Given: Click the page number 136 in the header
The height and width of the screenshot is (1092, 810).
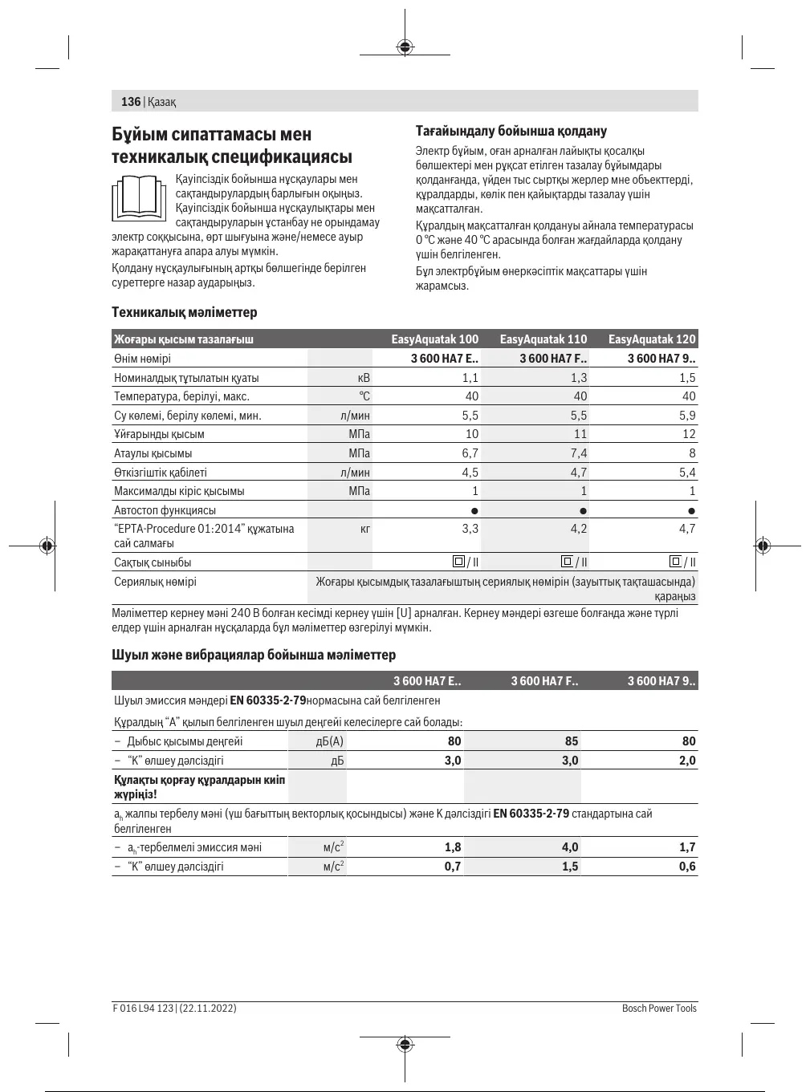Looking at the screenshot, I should point(130,102).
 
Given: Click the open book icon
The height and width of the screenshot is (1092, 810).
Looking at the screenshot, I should point(138,197).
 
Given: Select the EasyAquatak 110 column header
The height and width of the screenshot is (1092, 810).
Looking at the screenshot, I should point(543,339).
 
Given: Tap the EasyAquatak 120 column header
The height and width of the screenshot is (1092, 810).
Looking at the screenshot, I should point(652,339).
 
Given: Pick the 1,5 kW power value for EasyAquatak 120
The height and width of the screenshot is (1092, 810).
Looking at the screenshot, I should point(687,378).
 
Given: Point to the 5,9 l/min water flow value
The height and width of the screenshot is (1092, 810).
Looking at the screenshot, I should point(687,416).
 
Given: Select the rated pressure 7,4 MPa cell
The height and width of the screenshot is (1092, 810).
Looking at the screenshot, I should point(578,453).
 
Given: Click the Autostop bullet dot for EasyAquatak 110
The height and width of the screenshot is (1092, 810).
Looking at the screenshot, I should point(583,510).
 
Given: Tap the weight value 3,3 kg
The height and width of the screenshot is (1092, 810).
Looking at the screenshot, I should point(470,529).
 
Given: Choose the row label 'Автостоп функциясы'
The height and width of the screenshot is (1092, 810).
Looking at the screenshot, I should point(165,510).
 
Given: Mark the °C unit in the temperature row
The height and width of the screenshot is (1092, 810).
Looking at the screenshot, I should point(364,396).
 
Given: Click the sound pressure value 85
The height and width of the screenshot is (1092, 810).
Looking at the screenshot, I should point(571,741).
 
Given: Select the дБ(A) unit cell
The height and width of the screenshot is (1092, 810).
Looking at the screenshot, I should point(330,741).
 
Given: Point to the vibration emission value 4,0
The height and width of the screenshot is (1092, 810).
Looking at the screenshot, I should point(570,847).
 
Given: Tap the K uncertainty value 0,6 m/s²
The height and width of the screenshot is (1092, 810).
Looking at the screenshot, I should point(687,867).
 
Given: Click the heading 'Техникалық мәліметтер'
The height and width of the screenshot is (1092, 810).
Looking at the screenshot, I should point(185,312).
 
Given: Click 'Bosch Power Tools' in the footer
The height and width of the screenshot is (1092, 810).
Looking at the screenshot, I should point(659,1008).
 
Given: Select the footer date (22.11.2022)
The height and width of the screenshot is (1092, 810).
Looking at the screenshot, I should point(208,1008).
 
